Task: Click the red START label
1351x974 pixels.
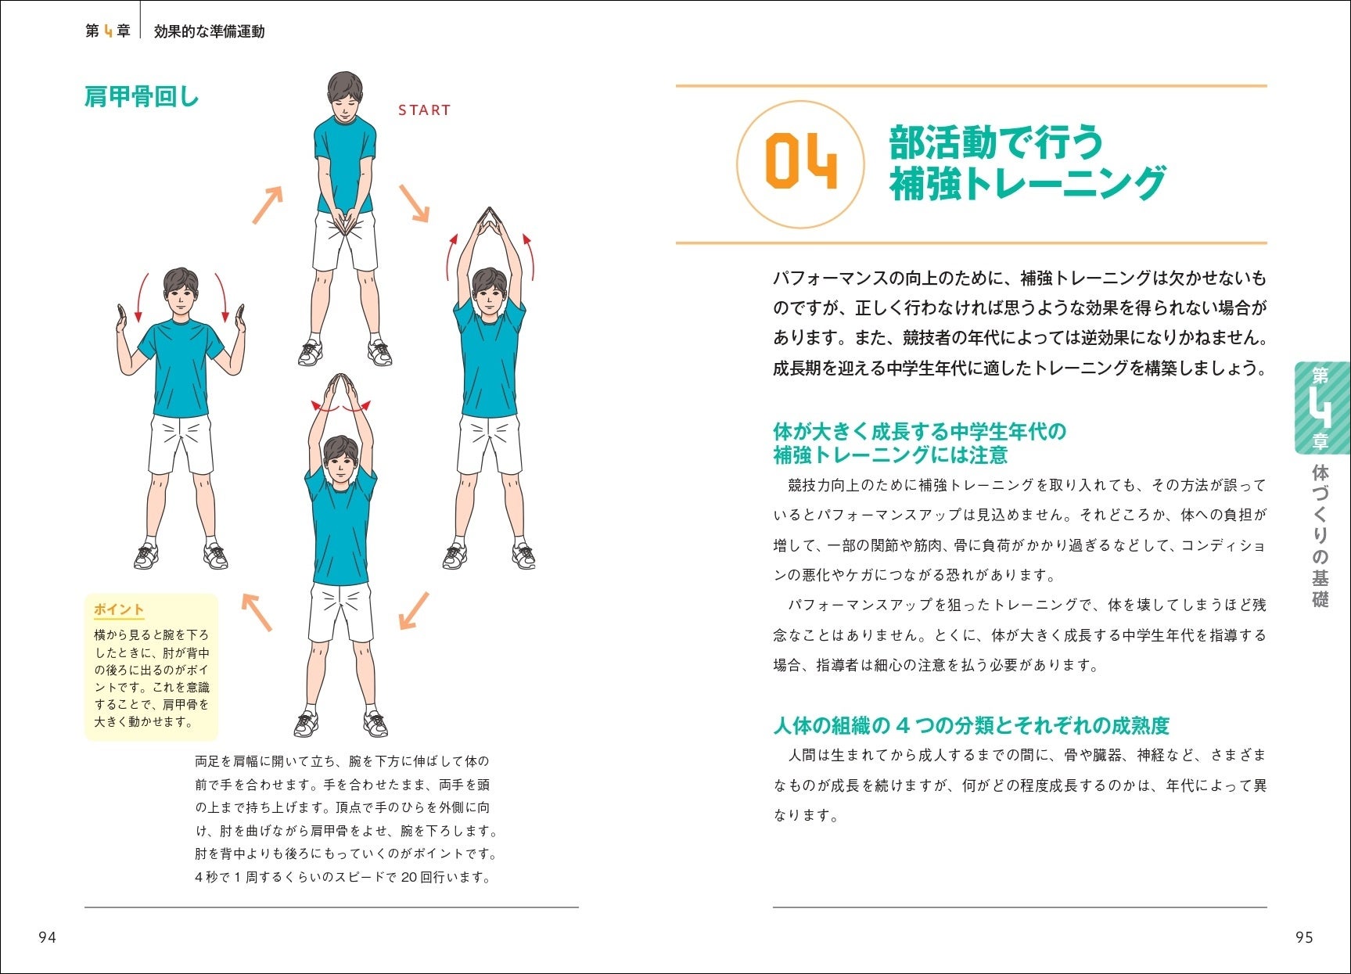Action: click(x=424, y=110)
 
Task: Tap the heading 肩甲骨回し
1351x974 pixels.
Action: click(x=142, y=97)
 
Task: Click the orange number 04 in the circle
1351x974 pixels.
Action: click(x=800, y=162)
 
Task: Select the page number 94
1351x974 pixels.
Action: click(x=47, y=937)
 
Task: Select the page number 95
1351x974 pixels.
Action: click(x=1304, y=937)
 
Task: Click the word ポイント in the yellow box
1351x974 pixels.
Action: click(x=119, y=609)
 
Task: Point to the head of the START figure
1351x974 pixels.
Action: click(x=345, y=95)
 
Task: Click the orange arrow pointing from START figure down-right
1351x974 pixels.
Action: click(x=414, y=203)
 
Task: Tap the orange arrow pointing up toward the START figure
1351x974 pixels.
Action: click(x=268, y=205)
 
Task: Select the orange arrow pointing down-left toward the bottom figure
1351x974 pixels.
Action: click(x=414, y=610)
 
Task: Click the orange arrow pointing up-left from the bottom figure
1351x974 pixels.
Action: click(x=257, y=612)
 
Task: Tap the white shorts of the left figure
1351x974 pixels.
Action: click(x=181, y=444)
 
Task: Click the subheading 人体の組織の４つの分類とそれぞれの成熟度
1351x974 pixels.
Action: click(x=971, y=726)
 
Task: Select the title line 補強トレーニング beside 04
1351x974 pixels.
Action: click(x=1027, y=184)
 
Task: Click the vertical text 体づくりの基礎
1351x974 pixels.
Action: click(x=1320, y=537)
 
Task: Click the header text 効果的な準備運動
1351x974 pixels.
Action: click(x=209, y=31)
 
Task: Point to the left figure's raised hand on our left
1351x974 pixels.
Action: click(x=122, y=320)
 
